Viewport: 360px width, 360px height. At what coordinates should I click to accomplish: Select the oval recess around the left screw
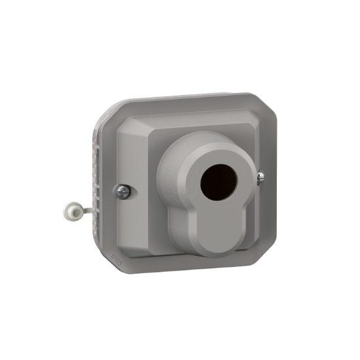[122, 191]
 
